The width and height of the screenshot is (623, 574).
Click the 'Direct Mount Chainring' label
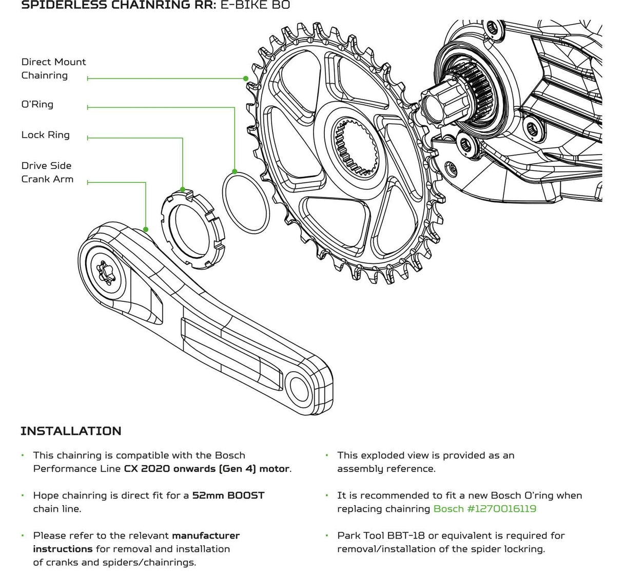pos(53,68)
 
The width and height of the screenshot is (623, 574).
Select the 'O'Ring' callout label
pos(37,104)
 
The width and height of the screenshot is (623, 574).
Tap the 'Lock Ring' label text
pos(45,135)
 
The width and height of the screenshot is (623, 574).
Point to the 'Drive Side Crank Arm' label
pos(47,172)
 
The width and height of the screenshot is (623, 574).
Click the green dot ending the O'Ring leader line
pos(235,171)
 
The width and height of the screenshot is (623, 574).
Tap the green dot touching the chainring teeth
pos(246,79)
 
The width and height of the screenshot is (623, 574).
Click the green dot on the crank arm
pos(146,229)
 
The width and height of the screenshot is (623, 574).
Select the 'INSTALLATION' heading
pos(71,431)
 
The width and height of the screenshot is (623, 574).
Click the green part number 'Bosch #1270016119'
pos(485,509)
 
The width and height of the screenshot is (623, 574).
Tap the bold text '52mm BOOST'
pos(228,495)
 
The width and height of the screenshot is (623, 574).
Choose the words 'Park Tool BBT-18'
pos(381,535)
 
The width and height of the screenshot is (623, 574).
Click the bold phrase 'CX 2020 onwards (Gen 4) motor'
pos(207,469)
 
